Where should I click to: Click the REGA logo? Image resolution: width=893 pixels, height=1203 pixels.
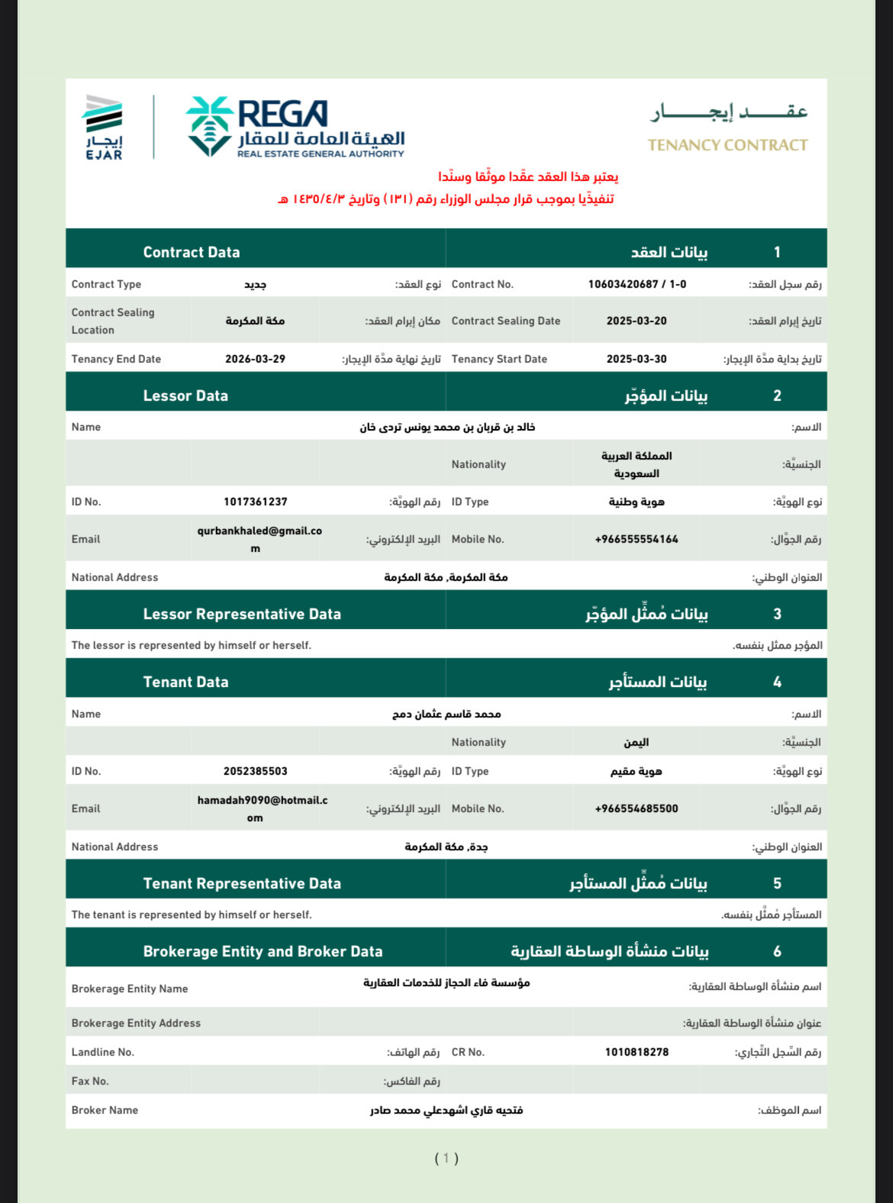[295, 127]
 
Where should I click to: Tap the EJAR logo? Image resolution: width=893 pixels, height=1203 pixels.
[103, 127]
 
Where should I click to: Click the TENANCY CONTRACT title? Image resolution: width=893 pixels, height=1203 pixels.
[727, 144]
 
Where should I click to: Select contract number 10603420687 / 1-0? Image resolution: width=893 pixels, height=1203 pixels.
[637, 284]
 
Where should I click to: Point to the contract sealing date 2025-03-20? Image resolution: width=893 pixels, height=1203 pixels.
[637, 321]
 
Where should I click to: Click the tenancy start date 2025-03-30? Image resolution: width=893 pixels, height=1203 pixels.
[637, 359]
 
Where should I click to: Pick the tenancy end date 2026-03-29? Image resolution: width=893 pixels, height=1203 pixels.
[255, 359]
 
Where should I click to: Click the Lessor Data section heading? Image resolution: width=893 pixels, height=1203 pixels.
[185, 395]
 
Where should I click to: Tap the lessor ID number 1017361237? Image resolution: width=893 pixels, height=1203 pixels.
[255, 502]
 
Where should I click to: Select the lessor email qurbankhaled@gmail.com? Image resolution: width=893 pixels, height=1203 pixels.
[259, 539]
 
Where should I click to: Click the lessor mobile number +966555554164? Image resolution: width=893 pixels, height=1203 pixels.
[637, 539]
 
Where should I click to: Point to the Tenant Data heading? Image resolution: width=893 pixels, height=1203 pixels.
[185, 682]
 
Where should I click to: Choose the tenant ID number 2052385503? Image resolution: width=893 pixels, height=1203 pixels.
[255, 771]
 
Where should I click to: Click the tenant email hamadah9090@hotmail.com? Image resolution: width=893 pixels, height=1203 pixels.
[262, 808]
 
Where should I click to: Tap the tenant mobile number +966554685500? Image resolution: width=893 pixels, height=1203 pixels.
[637, 808]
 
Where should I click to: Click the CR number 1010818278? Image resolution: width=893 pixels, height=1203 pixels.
[637, 1052]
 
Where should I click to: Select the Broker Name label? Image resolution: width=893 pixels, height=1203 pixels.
[105, 1110]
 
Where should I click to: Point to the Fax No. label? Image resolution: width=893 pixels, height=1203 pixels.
[90, 1081]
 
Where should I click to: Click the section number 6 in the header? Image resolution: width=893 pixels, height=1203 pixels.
[777, 951]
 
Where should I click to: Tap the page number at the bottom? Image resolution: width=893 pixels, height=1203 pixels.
[446, 1158]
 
